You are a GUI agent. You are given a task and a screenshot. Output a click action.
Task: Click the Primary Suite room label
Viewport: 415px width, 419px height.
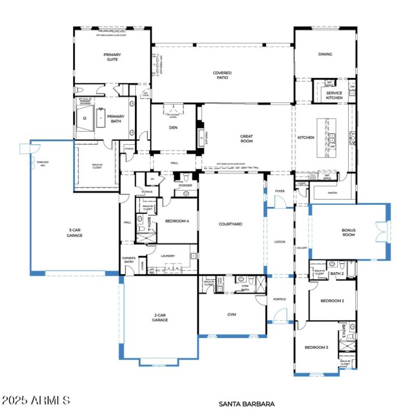110,57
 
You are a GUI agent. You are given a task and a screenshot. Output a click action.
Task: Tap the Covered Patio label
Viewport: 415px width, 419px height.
222,75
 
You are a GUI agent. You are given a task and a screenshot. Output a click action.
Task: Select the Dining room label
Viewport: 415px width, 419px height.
325,54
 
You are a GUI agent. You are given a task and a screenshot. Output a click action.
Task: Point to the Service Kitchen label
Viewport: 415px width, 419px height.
334,95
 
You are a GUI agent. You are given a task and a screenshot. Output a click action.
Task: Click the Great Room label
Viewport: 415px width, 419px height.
246,138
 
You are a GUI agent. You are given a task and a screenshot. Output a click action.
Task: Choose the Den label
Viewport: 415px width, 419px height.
173,128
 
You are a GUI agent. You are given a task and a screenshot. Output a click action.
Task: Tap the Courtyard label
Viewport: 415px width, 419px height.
230,224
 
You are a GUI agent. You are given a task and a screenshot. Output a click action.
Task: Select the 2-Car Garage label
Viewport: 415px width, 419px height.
160,317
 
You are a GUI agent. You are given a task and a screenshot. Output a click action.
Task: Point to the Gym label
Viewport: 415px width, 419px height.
231,314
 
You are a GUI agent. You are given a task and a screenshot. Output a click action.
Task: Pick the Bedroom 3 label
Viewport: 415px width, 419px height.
316,347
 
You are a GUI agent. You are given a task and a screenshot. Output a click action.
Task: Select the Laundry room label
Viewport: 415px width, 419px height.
168,256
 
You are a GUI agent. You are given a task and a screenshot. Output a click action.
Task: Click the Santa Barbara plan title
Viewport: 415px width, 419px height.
246,403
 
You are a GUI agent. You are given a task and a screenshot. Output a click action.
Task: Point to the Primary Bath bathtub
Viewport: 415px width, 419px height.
100,118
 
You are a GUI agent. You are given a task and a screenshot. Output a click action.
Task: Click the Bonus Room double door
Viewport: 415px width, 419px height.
382,231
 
